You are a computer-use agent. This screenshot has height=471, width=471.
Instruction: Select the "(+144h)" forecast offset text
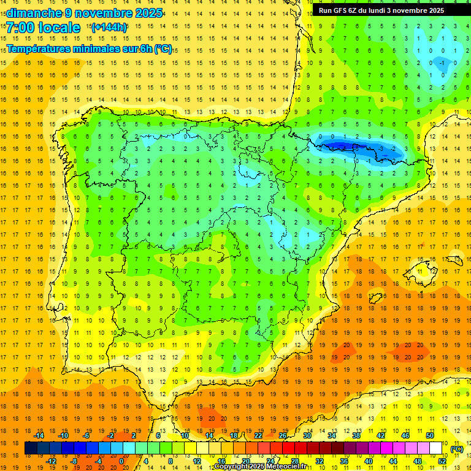pyautogui.click(x=109, y=27)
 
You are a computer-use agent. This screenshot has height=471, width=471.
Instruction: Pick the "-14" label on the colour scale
pyautogui.click(x=38, y=435)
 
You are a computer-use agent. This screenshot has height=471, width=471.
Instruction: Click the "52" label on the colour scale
pyautogui.click(x=442, y=461)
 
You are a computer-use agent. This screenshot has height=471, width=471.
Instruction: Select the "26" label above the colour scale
pyautogui.click(x=283, y=435)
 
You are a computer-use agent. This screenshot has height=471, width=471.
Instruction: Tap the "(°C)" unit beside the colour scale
pyautogui.click(x=456, y=448)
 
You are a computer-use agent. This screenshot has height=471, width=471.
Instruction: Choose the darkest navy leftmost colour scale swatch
pyautogui.click(x=31, y=448)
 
